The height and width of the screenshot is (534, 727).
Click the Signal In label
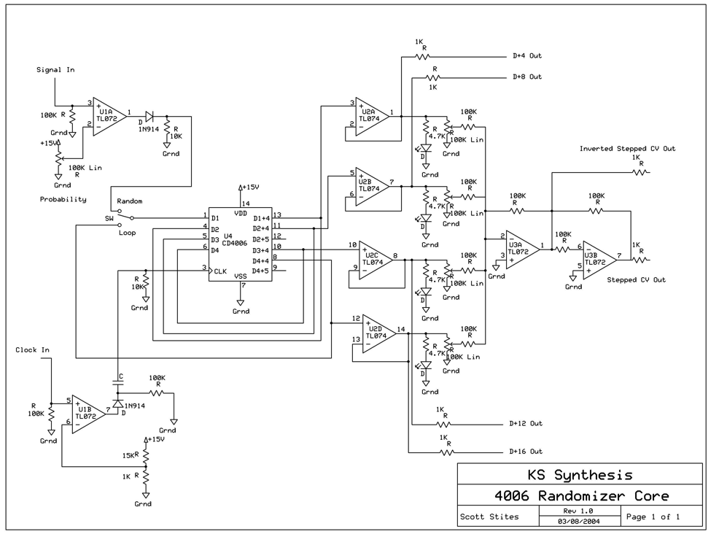click(x=55, y=70)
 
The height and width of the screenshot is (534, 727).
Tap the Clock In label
click(x=33, y=350)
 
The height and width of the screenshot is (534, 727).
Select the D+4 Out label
click(x=526, y=56)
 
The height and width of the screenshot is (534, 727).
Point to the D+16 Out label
click(x=527, y=452)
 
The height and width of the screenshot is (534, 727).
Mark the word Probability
click(x=63, y=199)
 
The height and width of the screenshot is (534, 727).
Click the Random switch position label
click(x=129, y=201)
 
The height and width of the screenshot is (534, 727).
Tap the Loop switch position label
click(x=128, y=233)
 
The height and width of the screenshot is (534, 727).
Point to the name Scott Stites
click(x=489, y=517)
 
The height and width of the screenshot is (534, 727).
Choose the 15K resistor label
click(x=129, y=455)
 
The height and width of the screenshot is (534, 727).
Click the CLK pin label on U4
click(x=219, y=271)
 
